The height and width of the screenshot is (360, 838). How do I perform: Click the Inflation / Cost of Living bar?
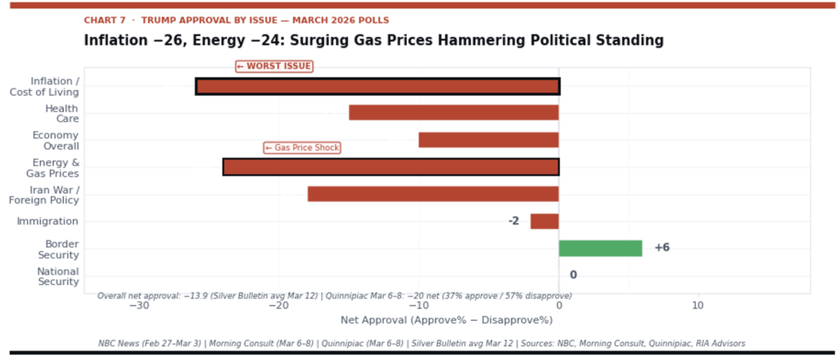click(x=377, y=86)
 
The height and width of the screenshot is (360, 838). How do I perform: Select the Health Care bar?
click(x=453, y=113)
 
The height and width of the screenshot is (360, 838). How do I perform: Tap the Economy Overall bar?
click(x=489, y=140)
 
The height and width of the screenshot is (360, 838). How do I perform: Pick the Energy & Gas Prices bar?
click(x=391, y=167)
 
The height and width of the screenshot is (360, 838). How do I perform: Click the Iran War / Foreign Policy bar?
click(x=433, y=194)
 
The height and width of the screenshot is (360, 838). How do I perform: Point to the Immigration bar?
click(x=544, y=221)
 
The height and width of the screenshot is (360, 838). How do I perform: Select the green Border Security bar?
click(x=600, y=248)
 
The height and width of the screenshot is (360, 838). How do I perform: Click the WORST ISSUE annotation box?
click(x=274, y=66)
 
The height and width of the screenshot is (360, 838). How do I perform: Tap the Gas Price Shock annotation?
click(x=302, y=147)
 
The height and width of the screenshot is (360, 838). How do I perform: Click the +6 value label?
click(x=662, y=248)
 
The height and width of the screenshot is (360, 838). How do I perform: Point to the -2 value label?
click(x=513, y=221)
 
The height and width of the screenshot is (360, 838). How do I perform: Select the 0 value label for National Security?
click(x=573, y=275)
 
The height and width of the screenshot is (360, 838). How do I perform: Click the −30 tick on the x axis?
click(x=139, y=305)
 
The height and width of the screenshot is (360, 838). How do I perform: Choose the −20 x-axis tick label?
click(x=279, y=305)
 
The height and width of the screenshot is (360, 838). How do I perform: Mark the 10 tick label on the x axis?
click(x=697, y=305)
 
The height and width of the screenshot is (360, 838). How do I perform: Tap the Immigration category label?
click(x=47, y=221)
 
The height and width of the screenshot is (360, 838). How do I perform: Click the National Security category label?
click(x=58, y=277)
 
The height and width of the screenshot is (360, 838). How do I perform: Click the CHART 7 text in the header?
click(x=106, y=20)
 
